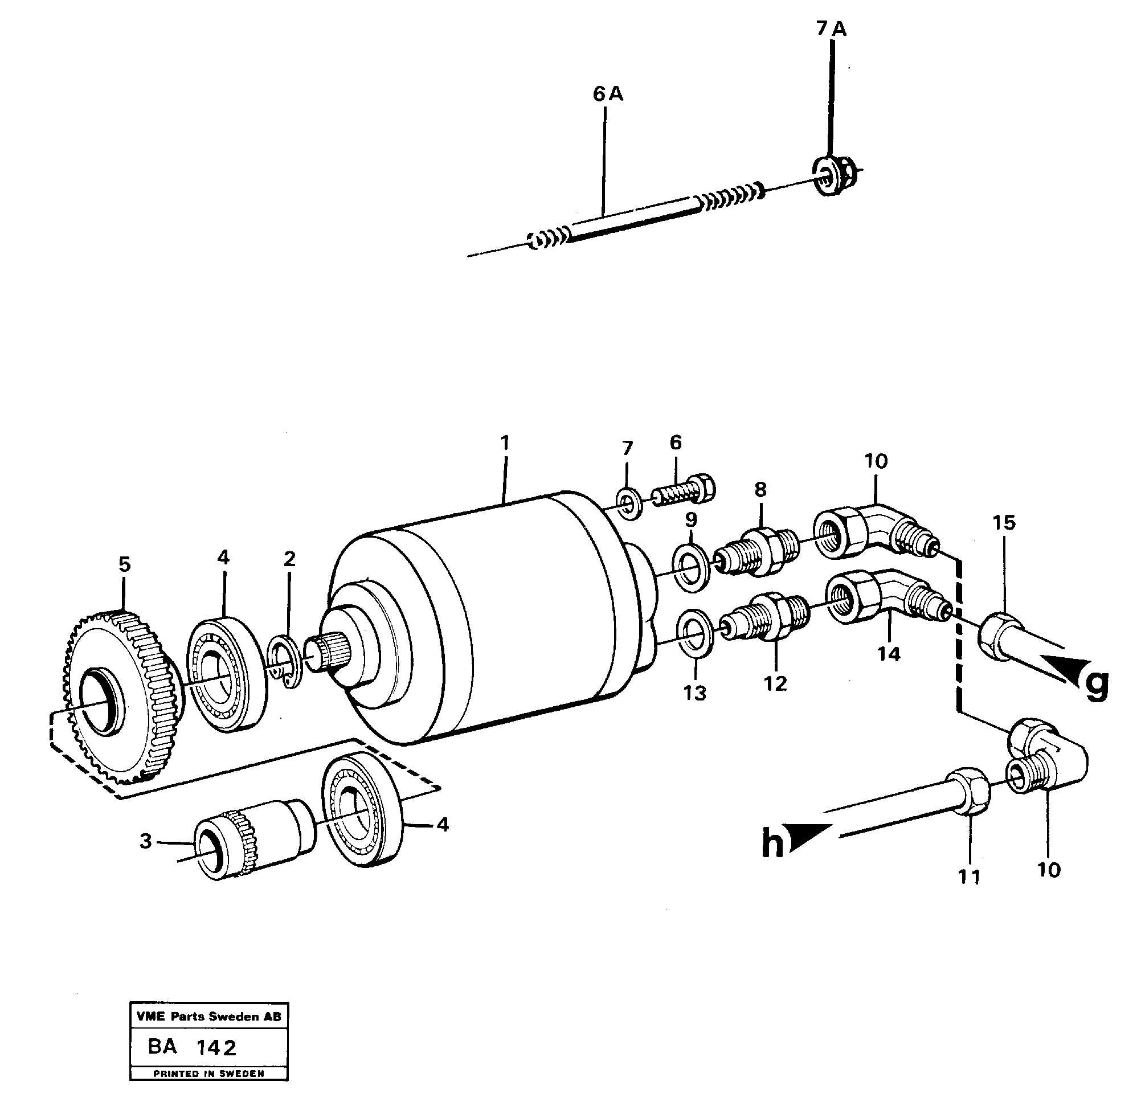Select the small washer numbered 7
tap(628, 503)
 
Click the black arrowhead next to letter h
tap(808, 837)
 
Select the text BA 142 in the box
tap(192, 1047)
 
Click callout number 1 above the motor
tap(504, 443)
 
